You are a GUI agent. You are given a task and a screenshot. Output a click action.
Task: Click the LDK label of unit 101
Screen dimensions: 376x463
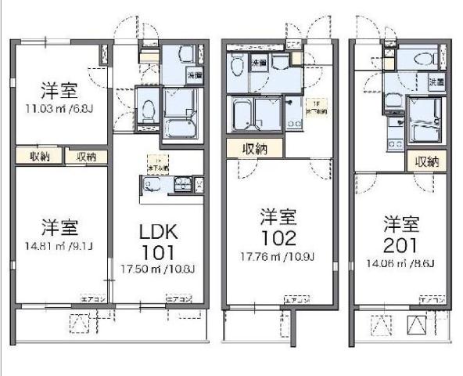[x=159, y=232]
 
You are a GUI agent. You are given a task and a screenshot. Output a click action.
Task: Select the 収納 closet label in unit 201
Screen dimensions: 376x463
[x=426, y=162]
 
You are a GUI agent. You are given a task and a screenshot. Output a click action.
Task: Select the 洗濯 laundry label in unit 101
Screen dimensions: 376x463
[x=194, y=75]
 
